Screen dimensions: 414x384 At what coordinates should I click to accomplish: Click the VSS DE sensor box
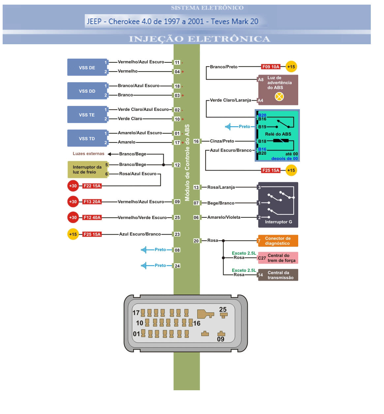(x=87, y=68)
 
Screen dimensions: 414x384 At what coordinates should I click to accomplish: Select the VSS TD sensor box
(x=87, y=139)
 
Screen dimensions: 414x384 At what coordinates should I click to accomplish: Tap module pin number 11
(x=177, y=62)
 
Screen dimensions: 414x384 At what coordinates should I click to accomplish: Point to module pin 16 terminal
(x=196, y=141)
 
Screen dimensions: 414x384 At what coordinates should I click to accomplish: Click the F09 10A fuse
(x=271, y=67)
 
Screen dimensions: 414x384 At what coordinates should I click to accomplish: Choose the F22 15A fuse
(x=92, y=186)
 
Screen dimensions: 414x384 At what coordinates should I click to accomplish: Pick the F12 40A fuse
(x=92, y=217)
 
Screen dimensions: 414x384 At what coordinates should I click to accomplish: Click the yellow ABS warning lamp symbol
(x=279, y=96)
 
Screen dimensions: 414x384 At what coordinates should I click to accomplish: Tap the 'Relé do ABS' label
(x=278, y=134)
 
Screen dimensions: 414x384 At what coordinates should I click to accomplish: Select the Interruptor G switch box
(x=278, y=205)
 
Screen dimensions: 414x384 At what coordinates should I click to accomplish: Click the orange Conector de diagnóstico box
(x=278, y=241)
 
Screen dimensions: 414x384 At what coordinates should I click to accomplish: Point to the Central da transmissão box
(x=278, y=275)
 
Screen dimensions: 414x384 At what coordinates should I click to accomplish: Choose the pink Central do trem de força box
(x=278, y=258)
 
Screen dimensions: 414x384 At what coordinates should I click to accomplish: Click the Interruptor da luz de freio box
(x=87, y=170)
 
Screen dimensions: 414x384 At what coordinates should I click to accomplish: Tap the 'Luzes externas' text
(x=88, y=154)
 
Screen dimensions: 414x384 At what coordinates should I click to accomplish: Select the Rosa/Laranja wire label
(x=221, y=187)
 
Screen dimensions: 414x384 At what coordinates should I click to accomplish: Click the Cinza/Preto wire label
(x=222, y=141)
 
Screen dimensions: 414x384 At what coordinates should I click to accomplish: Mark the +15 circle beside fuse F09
(x=291, y=67)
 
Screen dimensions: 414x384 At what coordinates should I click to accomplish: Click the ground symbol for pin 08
(x=144, y=250)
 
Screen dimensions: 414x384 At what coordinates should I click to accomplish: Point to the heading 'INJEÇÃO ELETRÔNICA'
(x=200, y=39)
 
